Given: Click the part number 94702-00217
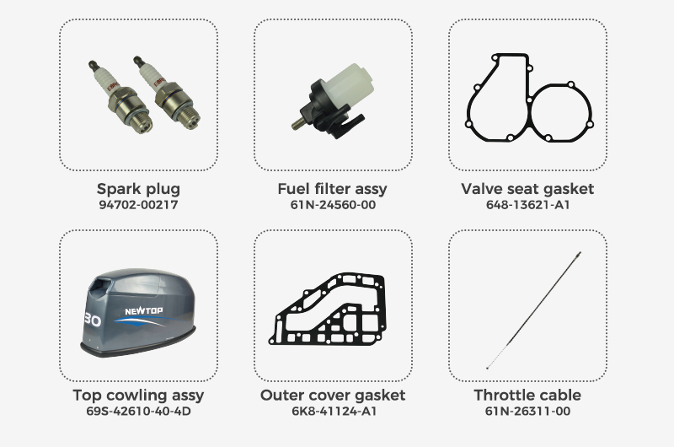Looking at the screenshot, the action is (x=138, y=204).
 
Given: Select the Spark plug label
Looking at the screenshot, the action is (x=138, y=189).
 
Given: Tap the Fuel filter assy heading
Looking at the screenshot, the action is (x=332, y=189).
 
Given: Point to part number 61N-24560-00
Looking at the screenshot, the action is (x=333, y=204).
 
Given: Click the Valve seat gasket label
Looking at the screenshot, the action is (x=527, y=189).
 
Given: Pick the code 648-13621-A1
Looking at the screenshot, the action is (x=528, y=204).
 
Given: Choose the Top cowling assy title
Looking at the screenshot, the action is (x=138, y=396).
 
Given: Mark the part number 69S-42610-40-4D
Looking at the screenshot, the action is (x=138, y=411).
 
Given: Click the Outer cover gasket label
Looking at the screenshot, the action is (x=333, y=396).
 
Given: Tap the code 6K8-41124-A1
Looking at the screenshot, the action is (x=334, y=411).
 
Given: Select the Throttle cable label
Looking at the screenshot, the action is (x=527, y=396).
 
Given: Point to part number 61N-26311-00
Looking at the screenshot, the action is (x=528, y=411).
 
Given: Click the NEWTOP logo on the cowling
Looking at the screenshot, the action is (x=143, y=310).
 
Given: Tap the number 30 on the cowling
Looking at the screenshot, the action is (x=93, y=320).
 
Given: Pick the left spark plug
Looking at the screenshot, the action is (x=120, y=97).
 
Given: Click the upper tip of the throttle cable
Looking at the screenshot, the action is (x=580, y=252).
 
